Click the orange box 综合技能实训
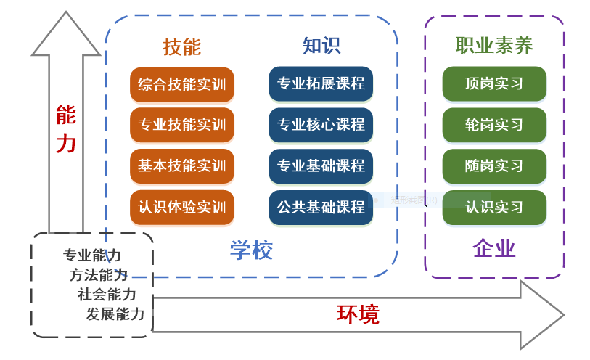(x=182, y=84)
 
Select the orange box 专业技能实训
(x=182, y=125)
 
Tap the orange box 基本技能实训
(x=182, y=165)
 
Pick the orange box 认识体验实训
(x=182, y=207)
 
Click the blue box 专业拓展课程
(x=321, y=84)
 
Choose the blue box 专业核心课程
(x=321, y=125)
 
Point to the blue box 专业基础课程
(x=321, y=165)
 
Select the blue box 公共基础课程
(x=321, y=207)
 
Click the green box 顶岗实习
(x=494, y=84)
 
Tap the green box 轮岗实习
(x=494, y=125)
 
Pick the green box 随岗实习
(x=494, y=165)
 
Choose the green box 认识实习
(x=494, y=207)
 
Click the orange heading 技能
(x=182, y=47)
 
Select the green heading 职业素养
(x=494, y=46)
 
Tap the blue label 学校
(x=251, y=250)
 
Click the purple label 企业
(x=494, y=249)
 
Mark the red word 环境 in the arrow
(x=358, y=314)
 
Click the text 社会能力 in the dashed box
(x=107, y=295)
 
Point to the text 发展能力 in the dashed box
(x=115, y=314)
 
